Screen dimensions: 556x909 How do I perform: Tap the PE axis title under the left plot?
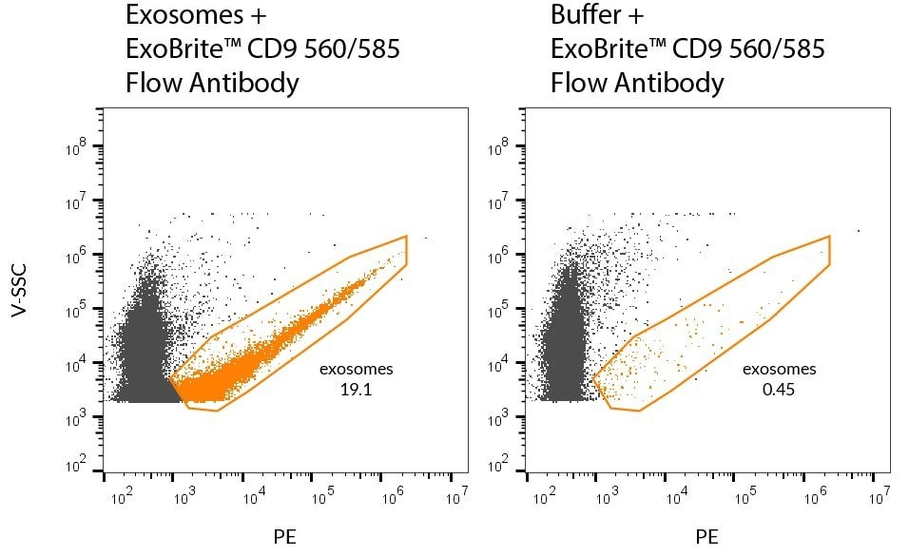(x=284, y=537)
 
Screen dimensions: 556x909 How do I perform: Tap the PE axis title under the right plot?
(x=706, y=537)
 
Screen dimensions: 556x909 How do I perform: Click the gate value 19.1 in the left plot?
(x=355, y=388)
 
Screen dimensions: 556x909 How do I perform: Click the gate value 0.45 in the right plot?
(x=778, y=388)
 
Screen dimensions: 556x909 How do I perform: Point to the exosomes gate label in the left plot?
(x=356, y=369)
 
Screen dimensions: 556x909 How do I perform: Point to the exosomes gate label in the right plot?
(x=779, y=369)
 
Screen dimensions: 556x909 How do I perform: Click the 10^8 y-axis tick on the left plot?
(x=77, y=148)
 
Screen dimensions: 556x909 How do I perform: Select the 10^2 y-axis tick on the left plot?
(x=77, y=467)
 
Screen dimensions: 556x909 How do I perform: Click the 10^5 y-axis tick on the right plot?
(x=500, y=309)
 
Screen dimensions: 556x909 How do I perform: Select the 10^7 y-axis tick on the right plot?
(x=500, y=202)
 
